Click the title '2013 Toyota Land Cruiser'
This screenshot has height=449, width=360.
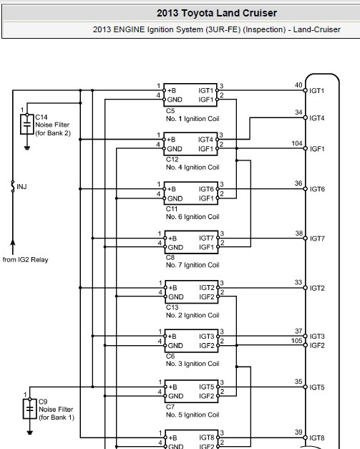point(217,13)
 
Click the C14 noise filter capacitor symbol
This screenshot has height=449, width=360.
point(27,125)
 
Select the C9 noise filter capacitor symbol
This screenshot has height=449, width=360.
point(30,409)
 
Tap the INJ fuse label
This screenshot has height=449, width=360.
point(21,187)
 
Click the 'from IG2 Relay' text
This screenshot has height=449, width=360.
point(26,260)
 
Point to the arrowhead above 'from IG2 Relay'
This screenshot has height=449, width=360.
point(13,243)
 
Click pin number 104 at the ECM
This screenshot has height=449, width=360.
point(297,143)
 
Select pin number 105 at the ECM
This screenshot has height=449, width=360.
point(297,340)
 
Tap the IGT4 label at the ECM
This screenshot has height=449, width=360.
point(317,118)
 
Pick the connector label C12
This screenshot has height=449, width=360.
point(172,160)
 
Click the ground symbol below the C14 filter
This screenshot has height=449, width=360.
point(27,148)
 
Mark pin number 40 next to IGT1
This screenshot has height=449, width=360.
point(298,85)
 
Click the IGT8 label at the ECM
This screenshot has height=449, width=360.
point(317,438)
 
